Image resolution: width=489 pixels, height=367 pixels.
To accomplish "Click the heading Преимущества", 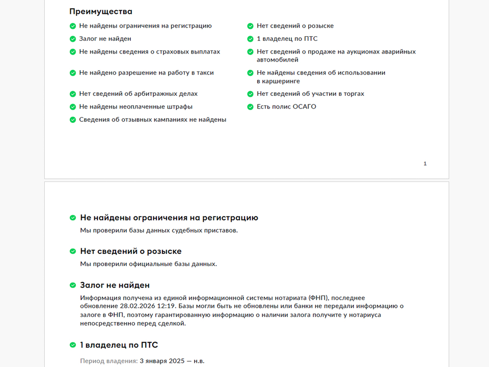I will (x=101, y=12).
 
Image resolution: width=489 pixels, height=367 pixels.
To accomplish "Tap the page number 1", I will (x=425, y=164).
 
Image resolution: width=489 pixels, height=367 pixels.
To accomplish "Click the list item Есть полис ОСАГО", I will (x=286, y=107).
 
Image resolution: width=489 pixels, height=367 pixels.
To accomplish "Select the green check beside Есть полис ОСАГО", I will (x=250, y=107).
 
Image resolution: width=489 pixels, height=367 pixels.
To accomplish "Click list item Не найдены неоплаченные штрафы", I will (x=135, y=107).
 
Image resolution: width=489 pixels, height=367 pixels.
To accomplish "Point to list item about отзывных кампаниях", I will (x=152, y=120).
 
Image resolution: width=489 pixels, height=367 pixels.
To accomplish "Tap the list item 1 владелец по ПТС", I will (x=287, y=39).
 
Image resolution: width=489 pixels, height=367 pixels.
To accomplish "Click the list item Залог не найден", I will (x=105, y=39).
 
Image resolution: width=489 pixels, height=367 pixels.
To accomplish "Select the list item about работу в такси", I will (x=146, y=73).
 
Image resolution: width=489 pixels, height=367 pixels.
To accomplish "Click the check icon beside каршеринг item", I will (x=250, y=73).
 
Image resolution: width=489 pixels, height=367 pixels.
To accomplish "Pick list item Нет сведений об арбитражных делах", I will (x=138, y=94).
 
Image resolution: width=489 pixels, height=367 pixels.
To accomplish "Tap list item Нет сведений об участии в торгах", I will (x=310, y=94).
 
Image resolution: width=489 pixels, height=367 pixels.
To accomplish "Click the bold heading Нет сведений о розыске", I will (x=130, y=251).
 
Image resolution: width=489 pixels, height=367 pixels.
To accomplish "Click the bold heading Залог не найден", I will (x=115, y=285).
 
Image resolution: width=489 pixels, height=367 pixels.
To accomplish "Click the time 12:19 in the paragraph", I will (x=166, y=306).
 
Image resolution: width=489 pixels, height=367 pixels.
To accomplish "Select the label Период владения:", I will (x=108, y=361).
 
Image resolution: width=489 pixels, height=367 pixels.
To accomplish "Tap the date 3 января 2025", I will (x=159, y=361).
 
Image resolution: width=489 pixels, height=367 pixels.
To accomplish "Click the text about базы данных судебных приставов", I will (x=159, y=230).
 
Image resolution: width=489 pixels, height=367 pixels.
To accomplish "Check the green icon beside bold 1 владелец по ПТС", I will (x=73, y=345).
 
